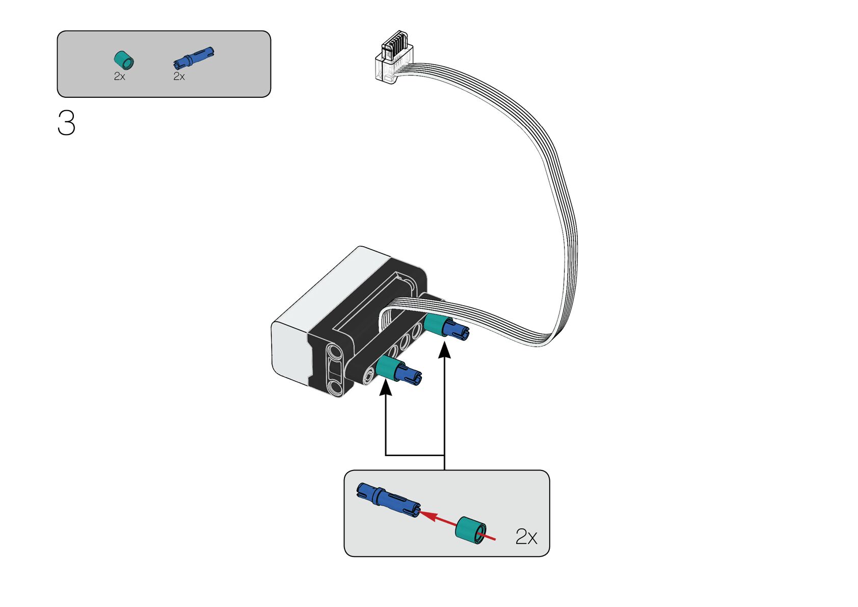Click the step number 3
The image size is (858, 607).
pos(66,123)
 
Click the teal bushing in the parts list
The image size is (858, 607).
pos(123,60)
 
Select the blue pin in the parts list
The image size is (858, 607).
pos(194,57)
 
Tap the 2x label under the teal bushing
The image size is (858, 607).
pos(119,76)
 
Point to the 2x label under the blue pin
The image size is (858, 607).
pos(179,76)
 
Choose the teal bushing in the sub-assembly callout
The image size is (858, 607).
pos(470,530)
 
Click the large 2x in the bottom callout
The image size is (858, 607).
pos(526,537)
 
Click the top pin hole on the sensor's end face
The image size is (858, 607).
pos(334,351)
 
